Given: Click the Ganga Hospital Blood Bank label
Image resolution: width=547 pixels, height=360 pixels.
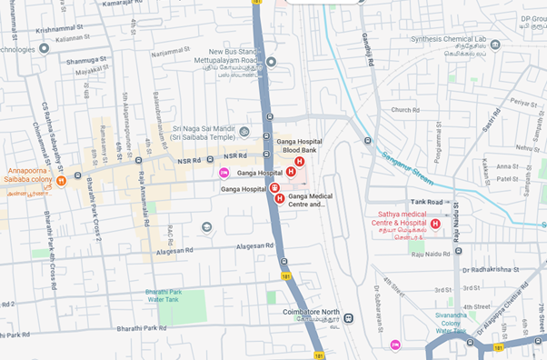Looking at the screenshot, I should tap(299, 147).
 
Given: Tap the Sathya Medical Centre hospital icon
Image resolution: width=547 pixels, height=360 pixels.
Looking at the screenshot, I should tap(435, 224).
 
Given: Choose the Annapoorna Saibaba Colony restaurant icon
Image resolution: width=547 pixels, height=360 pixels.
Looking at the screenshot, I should tap(61, 181).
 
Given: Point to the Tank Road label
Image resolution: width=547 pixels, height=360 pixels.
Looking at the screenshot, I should tap(426, 202).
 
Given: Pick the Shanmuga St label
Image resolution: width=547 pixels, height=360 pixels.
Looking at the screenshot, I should tap(85, 61).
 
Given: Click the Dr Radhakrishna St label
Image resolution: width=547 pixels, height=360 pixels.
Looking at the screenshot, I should tap(494, 270).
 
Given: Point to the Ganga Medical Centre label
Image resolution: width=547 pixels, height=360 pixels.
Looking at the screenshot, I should tap(311, 200).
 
